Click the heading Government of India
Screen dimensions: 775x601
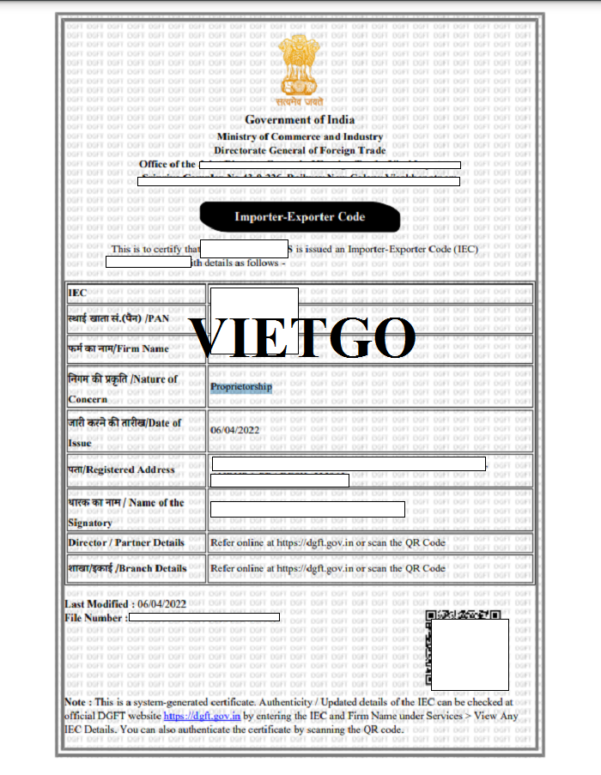tap(300, 120)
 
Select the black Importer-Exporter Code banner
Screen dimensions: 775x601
tap(300, 217)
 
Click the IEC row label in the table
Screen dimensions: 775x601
tap(77, 294)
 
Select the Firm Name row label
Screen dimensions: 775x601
tap(118, 348)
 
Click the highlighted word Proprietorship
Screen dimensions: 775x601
tap(241, 387)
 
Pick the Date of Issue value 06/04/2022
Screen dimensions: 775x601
tap(234, 430)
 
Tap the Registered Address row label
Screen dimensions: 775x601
tap(121, 469)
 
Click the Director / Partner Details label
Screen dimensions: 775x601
tap(126, 542)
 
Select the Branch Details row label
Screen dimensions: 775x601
tap(127, 568)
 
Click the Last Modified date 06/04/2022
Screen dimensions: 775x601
tap(163, 604)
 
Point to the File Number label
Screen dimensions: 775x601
tap(96, 617)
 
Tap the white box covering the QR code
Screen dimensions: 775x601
tap(470, 654)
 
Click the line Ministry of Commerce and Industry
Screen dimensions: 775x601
tap(300, 137)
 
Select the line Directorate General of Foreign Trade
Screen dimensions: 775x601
tap(300, 150)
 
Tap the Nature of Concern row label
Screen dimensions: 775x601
tap(123, 389)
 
